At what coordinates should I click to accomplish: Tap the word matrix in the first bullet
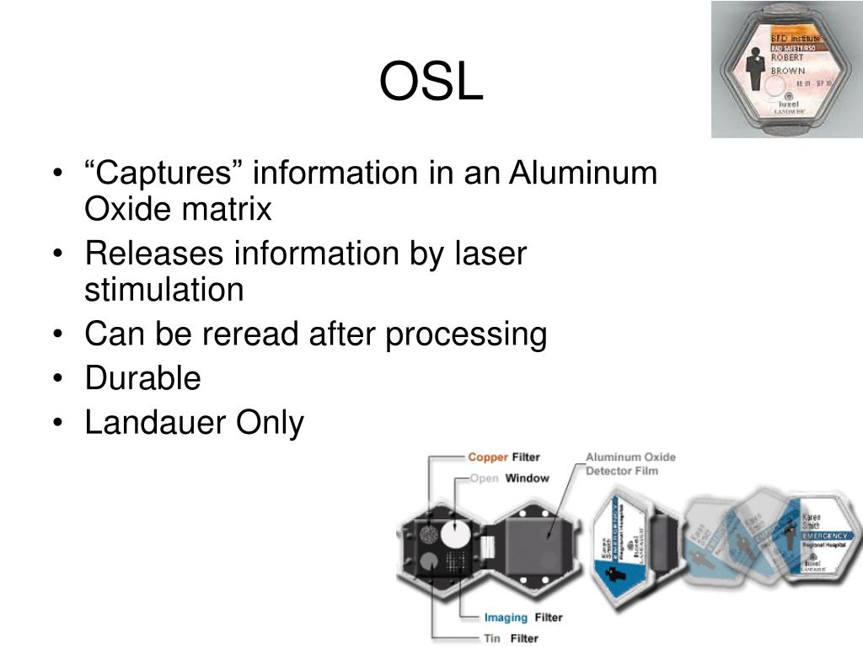[x=233, y=209]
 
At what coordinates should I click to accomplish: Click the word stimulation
[x=163, y=290]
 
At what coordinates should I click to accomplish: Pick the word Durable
[x=142, y=378]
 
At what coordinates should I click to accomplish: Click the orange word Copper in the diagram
[x=488, y=457]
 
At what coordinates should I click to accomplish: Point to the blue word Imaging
[x=507, y=618]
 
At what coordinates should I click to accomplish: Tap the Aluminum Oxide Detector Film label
[x=630, y=463]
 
